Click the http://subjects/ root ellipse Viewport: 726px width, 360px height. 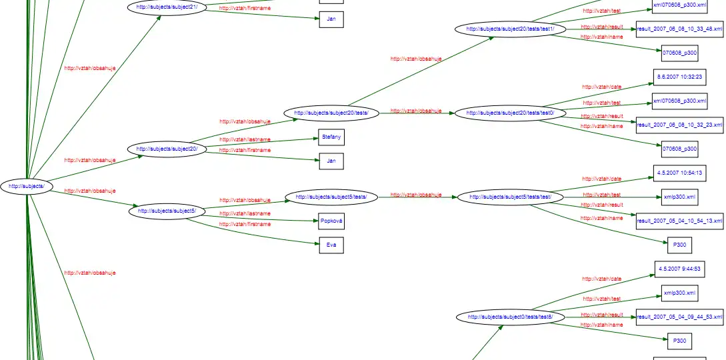click(27, 187)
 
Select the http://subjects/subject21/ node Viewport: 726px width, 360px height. click(167, 7)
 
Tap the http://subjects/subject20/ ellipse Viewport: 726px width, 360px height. click(167, 149)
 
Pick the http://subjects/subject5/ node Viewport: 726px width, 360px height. click(167, 211)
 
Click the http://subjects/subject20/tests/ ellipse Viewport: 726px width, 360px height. click(331, 113)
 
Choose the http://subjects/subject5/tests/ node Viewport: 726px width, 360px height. click(331, 197)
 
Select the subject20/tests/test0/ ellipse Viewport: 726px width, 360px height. click(510, 113)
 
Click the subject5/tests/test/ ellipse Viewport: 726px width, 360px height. click(510, 197)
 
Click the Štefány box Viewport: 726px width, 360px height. click(331, 137)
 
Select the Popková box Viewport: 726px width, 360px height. click(331, 221)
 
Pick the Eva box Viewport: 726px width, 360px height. click(331, 245)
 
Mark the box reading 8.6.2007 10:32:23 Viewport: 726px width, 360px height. click(675, 77)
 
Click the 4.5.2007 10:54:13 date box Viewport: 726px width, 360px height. click(675, 173)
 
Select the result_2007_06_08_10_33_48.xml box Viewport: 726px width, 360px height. click(680, 29)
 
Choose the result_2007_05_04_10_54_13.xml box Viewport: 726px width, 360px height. click(680, 221)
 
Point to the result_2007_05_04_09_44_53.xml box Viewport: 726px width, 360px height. click(680, 317)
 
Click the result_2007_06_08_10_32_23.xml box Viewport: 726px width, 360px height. click(680, 125)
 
